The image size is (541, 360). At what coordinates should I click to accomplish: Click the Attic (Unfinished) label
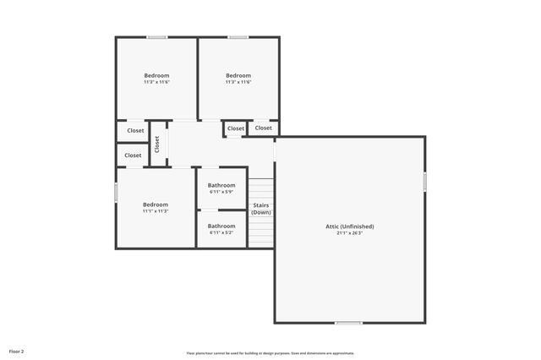[x=349, y=226]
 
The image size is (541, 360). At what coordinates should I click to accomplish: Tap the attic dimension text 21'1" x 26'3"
[x=349, y=233]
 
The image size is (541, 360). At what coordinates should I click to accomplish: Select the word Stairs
[x=261, y=205]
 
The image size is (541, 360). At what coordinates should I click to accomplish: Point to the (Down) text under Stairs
[x=261, y=212]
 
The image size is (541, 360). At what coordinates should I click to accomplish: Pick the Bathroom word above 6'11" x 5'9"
[x=221, y=185]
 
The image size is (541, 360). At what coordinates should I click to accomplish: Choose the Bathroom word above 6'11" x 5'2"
[x=221, y=226]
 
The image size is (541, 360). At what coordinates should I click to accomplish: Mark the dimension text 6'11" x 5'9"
[x=221, y=192]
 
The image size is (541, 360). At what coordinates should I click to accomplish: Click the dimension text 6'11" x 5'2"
[x=221, y=232]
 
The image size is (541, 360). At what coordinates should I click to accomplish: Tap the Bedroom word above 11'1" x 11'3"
[x=155, y=205]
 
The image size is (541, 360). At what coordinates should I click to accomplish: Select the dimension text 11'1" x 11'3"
[x=155, y=211]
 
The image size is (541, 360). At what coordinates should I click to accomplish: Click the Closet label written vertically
[x=157, y=144]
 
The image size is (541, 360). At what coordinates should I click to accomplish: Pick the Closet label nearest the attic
[x=264, y=128]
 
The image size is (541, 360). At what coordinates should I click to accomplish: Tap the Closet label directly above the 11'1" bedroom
[x=133, y=155]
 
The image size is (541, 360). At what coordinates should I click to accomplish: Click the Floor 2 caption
[x=17, y=350]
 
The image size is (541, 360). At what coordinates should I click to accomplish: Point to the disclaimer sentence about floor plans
[x=270, y=353]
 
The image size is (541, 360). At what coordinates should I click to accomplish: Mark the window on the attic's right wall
[x=424, y=182]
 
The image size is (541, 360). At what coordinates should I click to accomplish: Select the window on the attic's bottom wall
[x=347, y=323]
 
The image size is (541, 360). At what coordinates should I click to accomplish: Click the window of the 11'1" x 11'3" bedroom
[x=116, y=192]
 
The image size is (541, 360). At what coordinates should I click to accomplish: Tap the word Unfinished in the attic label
[x=358, y=226]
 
